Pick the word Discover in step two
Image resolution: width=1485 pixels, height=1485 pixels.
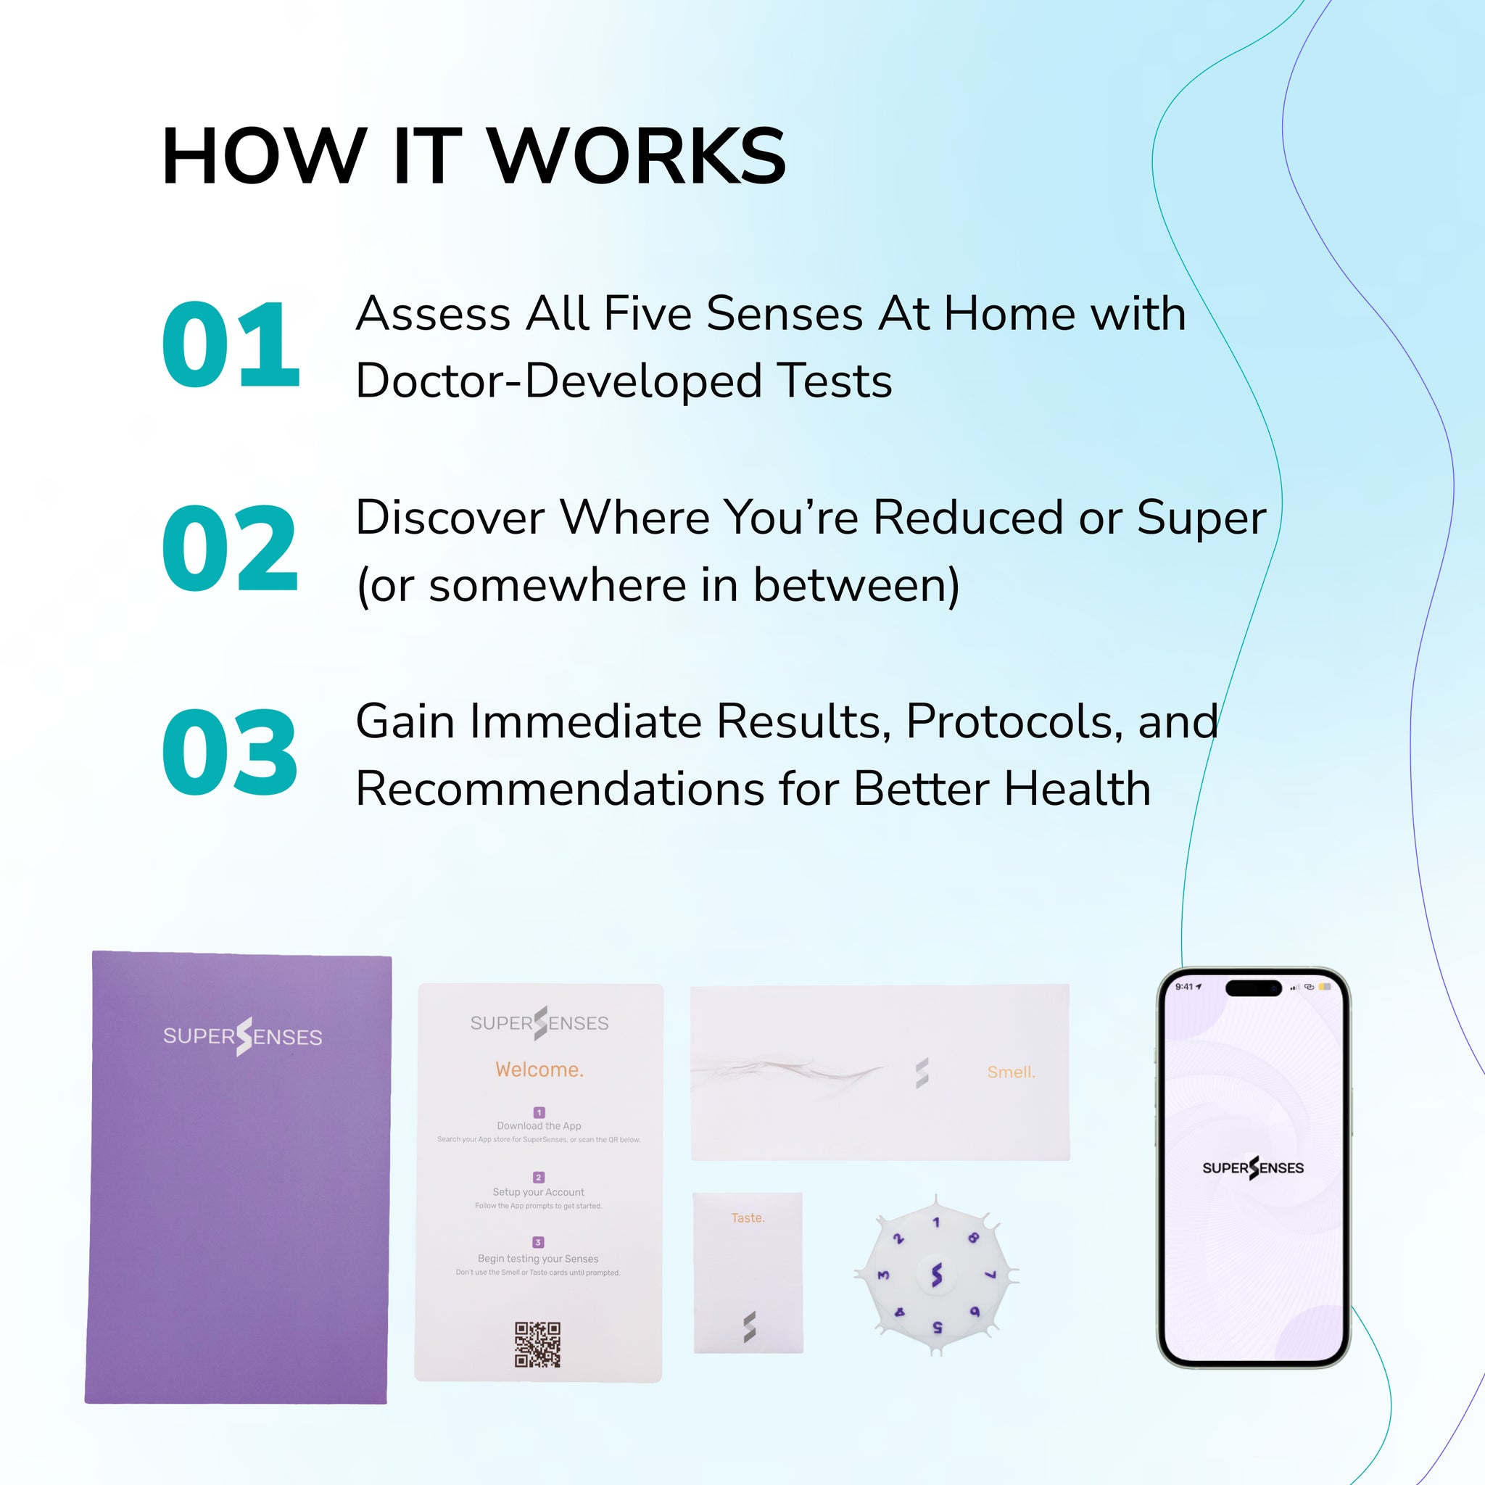(x=450, y=517)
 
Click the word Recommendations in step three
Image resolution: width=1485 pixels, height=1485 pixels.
(x=560, y=789)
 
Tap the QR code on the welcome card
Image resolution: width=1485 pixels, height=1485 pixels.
(x=537, y=1344)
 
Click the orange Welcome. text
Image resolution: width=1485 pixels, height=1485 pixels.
(x=539, y=1070)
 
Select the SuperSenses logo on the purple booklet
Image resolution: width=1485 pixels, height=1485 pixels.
(x=242, y=1036)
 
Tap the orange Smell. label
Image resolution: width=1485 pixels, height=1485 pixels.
(x=1011, y=1072)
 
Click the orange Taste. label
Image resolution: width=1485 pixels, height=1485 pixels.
(x=747, y=1217)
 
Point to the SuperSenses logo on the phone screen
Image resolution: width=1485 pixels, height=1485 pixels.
(x=1253, y=1167)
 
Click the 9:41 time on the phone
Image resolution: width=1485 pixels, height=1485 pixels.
(x=1185, y=987)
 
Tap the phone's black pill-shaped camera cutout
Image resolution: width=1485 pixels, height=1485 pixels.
(x=1253, y=988)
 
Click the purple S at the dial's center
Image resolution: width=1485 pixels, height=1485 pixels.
(x=936, y=1275)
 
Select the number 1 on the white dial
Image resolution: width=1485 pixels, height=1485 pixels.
(x=935, y=1223)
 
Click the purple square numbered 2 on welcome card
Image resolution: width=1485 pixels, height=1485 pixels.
(x=538, y=1178)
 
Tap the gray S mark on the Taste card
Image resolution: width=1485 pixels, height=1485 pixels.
(x=750, y=1328)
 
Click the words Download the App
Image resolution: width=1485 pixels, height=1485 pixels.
(x=539, y=1126)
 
